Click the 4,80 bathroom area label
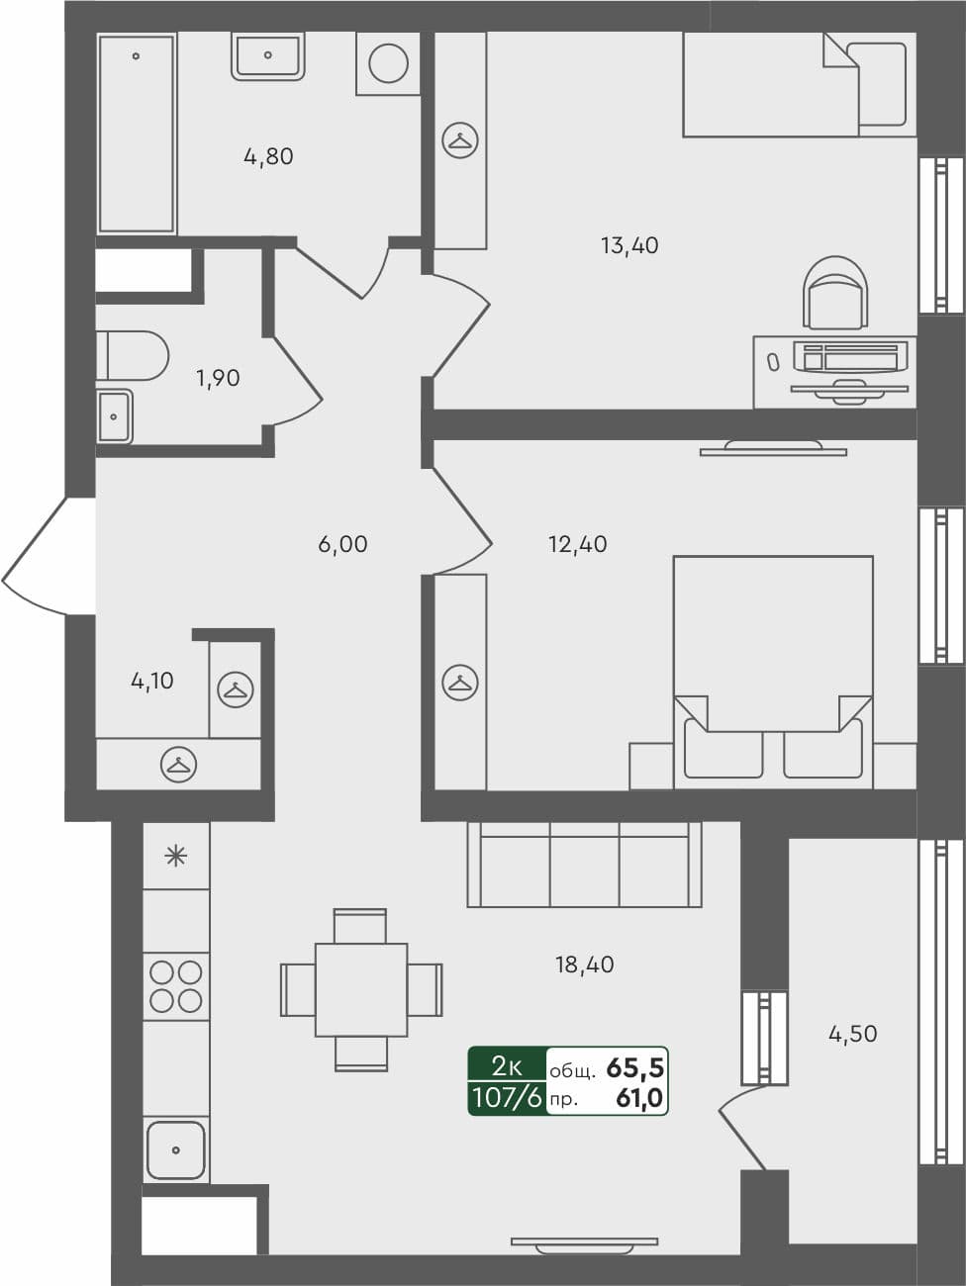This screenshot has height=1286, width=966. pos(268,156)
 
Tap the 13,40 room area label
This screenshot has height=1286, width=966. pos(629,245)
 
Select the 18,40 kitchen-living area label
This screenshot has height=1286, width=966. pos(584,964)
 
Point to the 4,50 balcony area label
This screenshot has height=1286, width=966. pos(852,1034)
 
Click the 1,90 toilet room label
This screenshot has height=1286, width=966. pos(218,378)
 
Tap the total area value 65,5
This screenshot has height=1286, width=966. pos(634,1067)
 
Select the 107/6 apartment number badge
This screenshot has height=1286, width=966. pos(507,1097)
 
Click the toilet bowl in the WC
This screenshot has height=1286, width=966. pos(135,355)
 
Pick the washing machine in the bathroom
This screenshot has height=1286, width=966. pos(388,64)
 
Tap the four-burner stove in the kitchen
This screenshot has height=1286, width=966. pos(176,986)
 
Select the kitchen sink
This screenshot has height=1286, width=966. pos(176,1149)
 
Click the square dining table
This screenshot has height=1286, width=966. pos(361,989)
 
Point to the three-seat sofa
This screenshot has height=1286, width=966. pos(584,866)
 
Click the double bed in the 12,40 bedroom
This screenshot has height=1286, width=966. pos(773,668)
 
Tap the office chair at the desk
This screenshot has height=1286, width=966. pos(836,293)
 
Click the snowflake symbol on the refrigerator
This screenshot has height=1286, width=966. pos(175,856)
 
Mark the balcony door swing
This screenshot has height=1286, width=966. pos(742,1128)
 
